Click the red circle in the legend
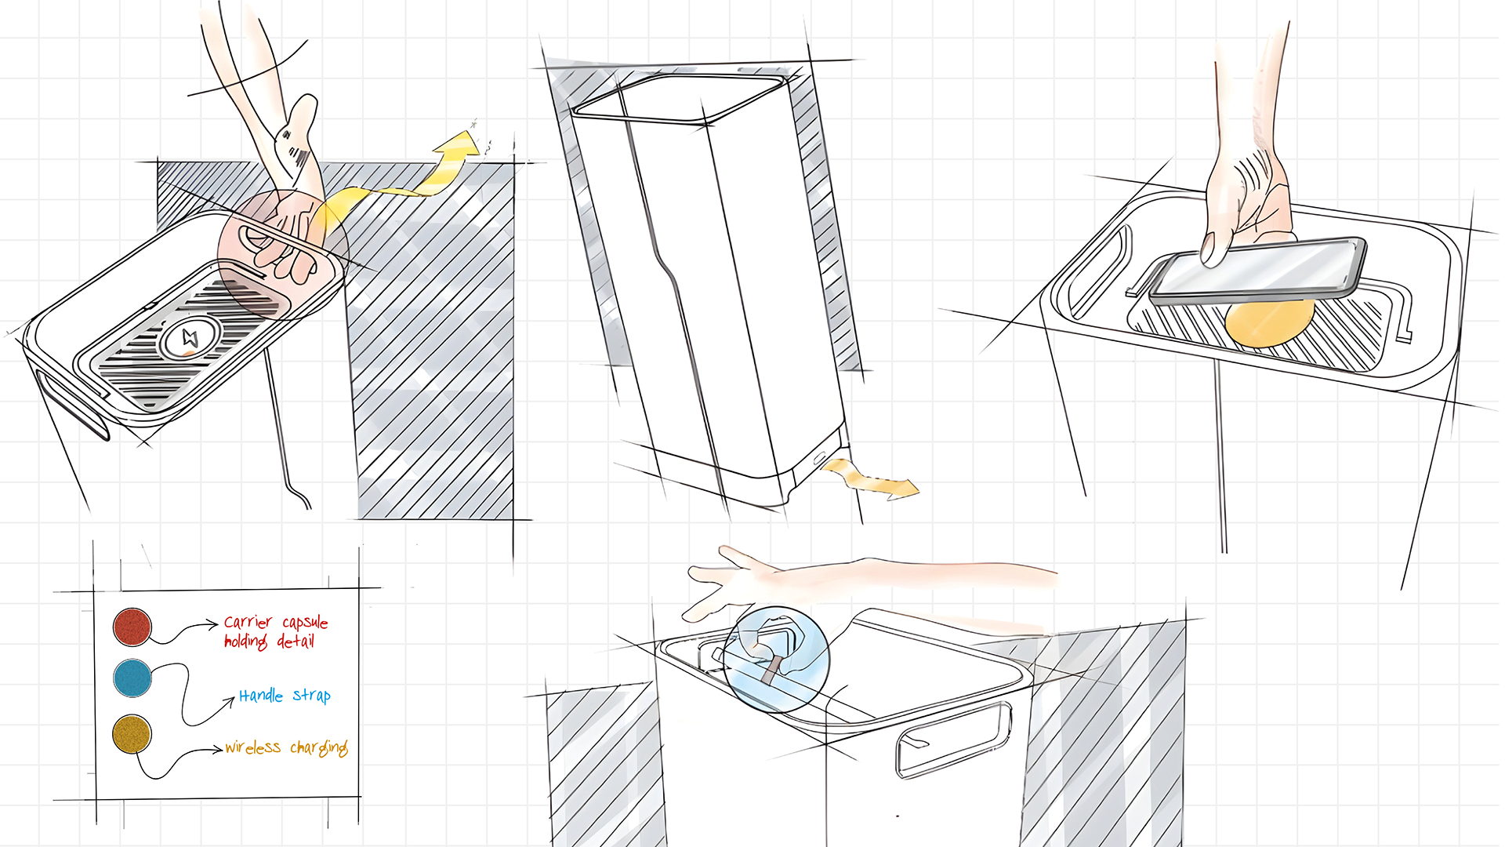click(132, 627)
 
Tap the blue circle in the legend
click(132, 678)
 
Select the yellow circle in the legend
click(132, 734)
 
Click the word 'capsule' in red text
click(305, 623)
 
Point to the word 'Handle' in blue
click(261, 696)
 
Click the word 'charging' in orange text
click(319, 747)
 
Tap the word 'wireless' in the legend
click(252, 747)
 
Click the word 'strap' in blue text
click(312, 696)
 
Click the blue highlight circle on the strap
click(776, 659)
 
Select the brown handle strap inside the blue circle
click(772, 670)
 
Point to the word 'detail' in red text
click(296, 642)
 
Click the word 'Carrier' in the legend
click(248, 623)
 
